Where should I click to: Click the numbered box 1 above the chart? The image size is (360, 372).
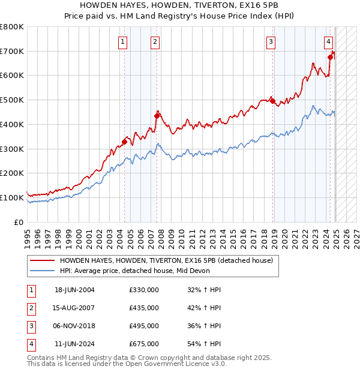[x=122, y=41]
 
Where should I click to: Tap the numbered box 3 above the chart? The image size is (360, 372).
[x=271, y=41]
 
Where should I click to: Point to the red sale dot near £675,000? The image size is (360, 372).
[x=330, y=57]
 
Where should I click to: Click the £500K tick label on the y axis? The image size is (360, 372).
[x=12, y=100]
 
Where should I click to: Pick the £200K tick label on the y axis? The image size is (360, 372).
[x=12, y=173]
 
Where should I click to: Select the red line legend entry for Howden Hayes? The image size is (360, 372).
[x=166, y=260]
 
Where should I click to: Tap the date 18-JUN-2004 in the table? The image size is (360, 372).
[x=74, y=290]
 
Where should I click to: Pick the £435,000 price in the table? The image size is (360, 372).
[x=144, y=308]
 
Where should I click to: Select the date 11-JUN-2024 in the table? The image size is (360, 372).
[x=74, y=344]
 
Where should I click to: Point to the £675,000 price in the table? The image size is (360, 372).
[x=144, y=344]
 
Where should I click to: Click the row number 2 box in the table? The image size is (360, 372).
[x=30, y=308]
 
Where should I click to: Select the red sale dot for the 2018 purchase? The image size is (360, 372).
[x=272, y=101]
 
